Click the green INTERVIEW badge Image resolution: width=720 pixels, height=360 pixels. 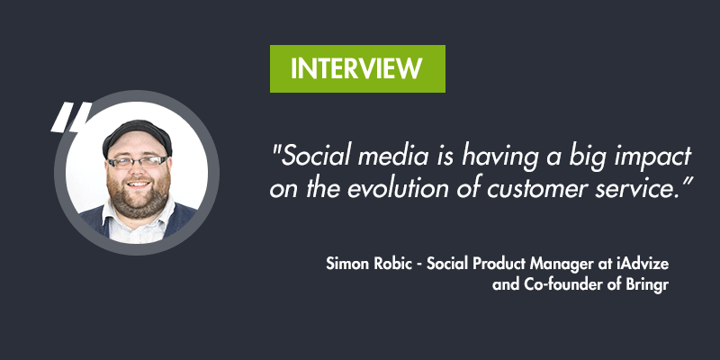[357, 69]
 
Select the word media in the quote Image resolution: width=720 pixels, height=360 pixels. [392, 156]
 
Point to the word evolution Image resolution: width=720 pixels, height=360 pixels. [388, 189]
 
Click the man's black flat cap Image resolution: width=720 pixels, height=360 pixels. [138, 136]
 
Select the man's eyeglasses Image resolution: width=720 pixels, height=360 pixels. [138, 163]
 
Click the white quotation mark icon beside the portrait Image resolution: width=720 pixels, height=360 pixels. [71, 117]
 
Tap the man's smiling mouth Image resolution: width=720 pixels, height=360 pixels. [139, 184]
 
